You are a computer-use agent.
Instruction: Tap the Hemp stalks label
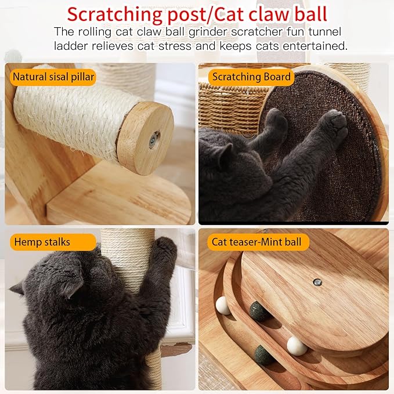[x=43, y=241]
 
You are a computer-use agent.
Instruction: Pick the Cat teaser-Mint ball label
[x=256, y=241]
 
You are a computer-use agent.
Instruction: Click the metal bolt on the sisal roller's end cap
[x=154, y=139]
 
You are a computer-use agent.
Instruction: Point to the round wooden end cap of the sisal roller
[x=146, y=138]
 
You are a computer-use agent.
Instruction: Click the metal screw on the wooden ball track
[x=316, y=281]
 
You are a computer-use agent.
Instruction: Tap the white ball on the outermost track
[x=296, y=346]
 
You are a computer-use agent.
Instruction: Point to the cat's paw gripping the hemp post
[x=165, y=250]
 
